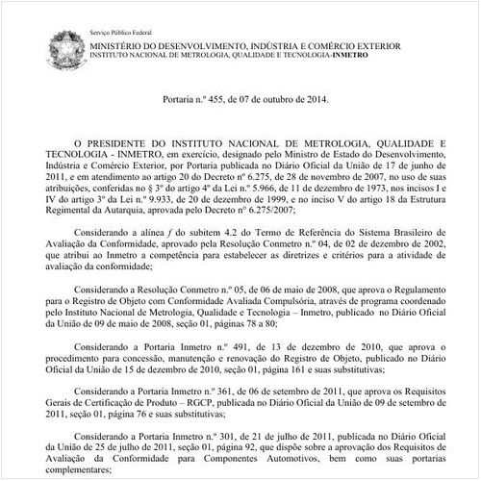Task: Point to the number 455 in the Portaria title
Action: click(x=210, y=99)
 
